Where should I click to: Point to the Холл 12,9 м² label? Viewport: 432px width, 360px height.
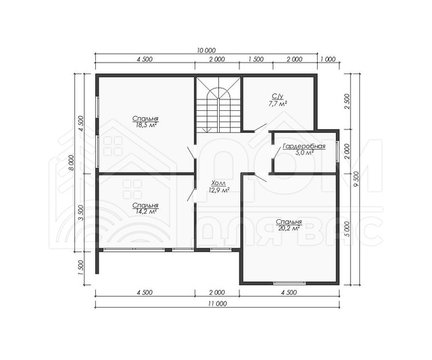coord(219,186)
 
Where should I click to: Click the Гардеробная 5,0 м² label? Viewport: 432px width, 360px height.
coord(304,150)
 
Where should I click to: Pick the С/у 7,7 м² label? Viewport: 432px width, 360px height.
coord(277,99)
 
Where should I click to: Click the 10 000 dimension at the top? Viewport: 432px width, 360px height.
coord(206,50)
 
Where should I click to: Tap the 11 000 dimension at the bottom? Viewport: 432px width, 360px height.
coord(218,304)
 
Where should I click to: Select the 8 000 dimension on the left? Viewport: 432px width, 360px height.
coord(71,163)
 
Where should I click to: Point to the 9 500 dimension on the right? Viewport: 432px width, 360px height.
coord(357,179)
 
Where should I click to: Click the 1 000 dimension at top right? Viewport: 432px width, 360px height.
coord(329,59)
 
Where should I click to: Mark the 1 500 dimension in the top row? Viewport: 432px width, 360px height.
coord(256,59)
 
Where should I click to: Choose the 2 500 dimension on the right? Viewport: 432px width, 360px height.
coord(347,101)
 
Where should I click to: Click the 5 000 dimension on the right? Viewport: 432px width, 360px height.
coord(347,229)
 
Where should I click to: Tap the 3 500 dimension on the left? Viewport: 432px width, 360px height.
coord(80,213)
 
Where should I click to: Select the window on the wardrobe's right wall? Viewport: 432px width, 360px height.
coord(337,152)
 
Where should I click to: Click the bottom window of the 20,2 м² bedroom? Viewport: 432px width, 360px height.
coord(290,282)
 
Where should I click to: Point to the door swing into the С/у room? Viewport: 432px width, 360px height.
coord(260,128)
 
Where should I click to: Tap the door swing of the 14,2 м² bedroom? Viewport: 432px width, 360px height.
coord(191,195)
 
